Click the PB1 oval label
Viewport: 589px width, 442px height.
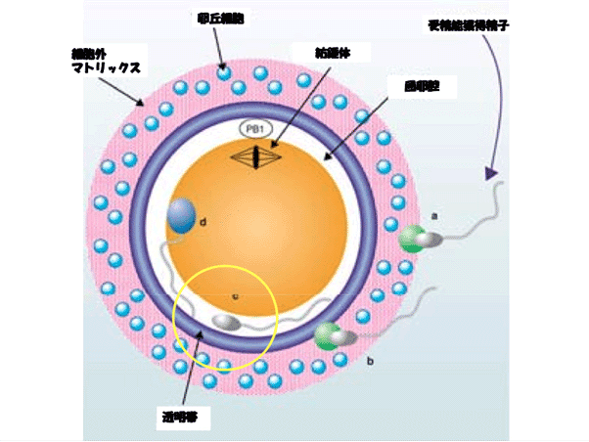click(x=254, y=129)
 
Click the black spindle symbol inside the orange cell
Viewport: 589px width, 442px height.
click(x=255, y=155)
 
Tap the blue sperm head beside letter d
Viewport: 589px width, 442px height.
click(x=181, y=215)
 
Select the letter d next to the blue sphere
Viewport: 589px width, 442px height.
click(x=203, y=223)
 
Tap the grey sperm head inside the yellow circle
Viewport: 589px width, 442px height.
click(x=226, y=322)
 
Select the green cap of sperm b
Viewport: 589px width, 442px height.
click(x=327, y=335)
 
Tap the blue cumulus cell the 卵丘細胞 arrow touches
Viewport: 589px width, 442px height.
click(x=225, y=71)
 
